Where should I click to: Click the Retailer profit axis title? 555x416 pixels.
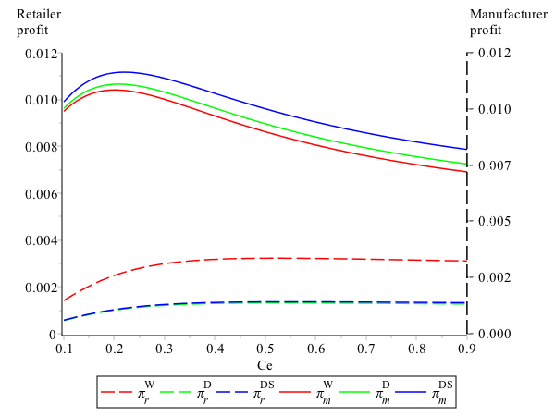pyautogui.click(x=38, y=21)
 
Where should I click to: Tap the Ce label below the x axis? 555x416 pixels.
pyautogui.click(x=265, y=364)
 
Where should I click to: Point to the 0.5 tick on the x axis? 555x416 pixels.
pyautogui.click(x=265, y=349)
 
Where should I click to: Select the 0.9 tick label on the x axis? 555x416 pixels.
pyautogui.click(x=466, y=349)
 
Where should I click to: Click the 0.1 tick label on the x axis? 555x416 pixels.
pyautogui.click(x=64, y=349)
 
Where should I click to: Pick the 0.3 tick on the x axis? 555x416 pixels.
pyautogui.click(x=165, y=349)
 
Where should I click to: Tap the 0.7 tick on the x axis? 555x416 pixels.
pyautogui.click(x=365, y=349)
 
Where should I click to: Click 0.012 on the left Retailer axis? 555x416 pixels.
pyautogui.click(x=40, y=53)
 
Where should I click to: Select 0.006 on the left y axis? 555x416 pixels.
pyautogui.click(x=40, y=193)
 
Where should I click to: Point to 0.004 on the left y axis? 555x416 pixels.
pyautogui.click(x=40, y=240)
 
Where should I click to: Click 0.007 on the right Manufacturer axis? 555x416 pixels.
pyautogui.click(x=491, y=165)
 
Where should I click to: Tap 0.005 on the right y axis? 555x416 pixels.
pyautogui.click(x=491, y=221)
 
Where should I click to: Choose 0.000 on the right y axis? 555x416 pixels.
pyautogui.click(x=491, y=334)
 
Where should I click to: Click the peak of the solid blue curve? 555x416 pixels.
pyautogui.click(x=124, y=71)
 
